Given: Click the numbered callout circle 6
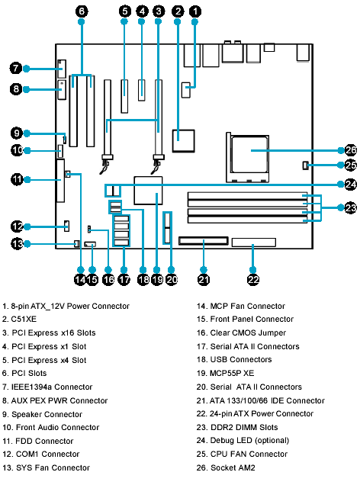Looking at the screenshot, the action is [82, 11].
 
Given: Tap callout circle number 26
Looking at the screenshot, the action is [350, 150].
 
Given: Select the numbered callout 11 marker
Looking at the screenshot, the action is [17, 179].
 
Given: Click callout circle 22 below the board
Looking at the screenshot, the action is [253, 280].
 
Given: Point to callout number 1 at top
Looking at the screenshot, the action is [194, 11].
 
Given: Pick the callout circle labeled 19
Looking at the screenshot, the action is [157, 280].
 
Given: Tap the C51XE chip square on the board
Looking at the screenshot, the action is [183, 141].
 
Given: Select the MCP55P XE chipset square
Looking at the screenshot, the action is [148, 191].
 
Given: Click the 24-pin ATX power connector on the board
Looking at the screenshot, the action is [254, 242].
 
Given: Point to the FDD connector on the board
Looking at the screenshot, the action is [60, 181].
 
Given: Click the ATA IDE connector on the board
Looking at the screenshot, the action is [204, 241].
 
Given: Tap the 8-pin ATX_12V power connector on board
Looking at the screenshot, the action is [186, 90].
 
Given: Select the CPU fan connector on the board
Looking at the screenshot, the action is [305, 165].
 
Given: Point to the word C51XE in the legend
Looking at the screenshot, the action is [24, 319].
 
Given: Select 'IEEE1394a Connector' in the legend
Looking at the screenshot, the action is [52, 387].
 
